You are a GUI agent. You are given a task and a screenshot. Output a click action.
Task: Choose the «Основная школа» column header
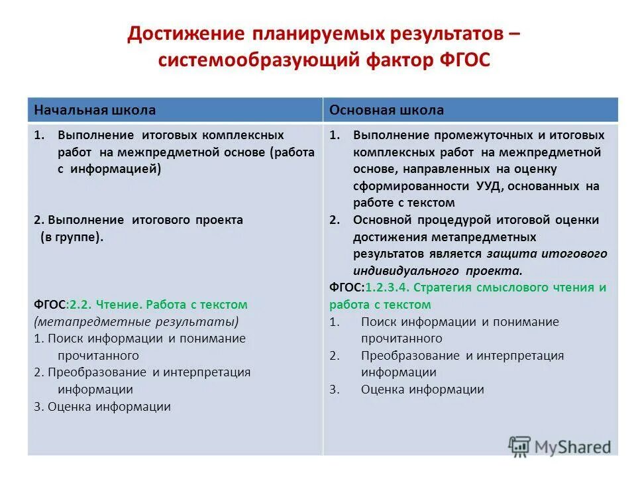(387, 110)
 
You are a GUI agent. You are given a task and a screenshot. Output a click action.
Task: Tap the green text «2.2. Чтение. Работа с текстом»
(171, 305)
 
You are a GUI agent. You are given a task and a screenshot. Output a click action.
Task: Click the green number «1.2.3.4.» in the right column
(390, 288)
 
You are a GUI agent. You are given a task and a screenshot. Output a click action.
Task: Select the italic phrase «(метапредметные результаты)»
(136, 321)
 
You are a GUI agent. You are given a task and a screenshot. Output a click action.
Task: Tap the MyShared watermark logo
(560, 446)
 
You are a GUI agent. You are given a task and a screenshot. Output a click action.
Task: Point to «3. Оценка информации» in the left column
(102, 407)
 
